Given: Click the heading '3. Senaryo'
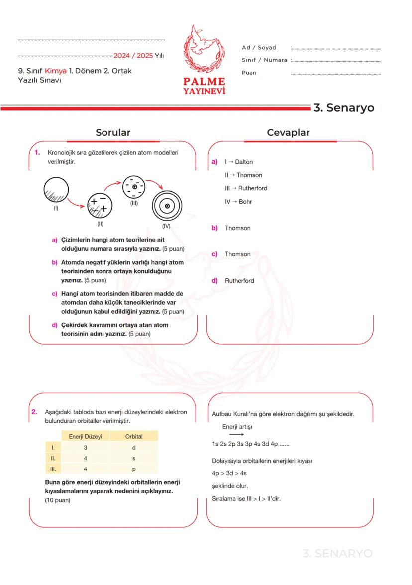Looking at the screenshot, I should [343, 108].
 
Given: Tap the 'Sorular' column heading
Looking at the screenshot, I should [113, 132].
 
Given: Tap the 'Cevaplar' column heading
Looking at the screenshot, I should [288, 132].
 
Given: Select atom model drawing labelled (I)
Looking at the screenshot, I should [56, 190].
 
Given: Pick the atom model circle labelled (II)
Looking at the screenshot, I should [100, 204].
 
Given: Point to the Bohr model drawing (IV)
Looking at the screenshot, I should [167, 206].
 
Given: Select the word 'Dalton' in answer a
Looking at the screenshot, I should [244, 162].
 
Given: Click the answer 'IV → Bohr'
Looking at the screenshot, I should [238, 202].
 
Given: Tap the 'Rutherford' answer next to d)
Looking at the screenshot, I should [239, 281].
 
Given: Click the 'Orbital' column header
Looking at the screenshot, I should [134, 436].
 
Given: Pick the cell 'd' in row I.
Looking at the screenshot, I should [134, 447].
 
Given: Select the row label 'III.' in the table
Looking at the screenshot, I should [53, 469].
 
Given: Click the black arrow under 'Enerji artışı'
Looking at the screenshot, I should [229, 435].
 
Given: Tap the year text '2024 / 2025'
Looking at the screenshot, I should [133, 56].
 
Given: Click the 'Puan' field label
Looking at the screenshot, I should [249, 73].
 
